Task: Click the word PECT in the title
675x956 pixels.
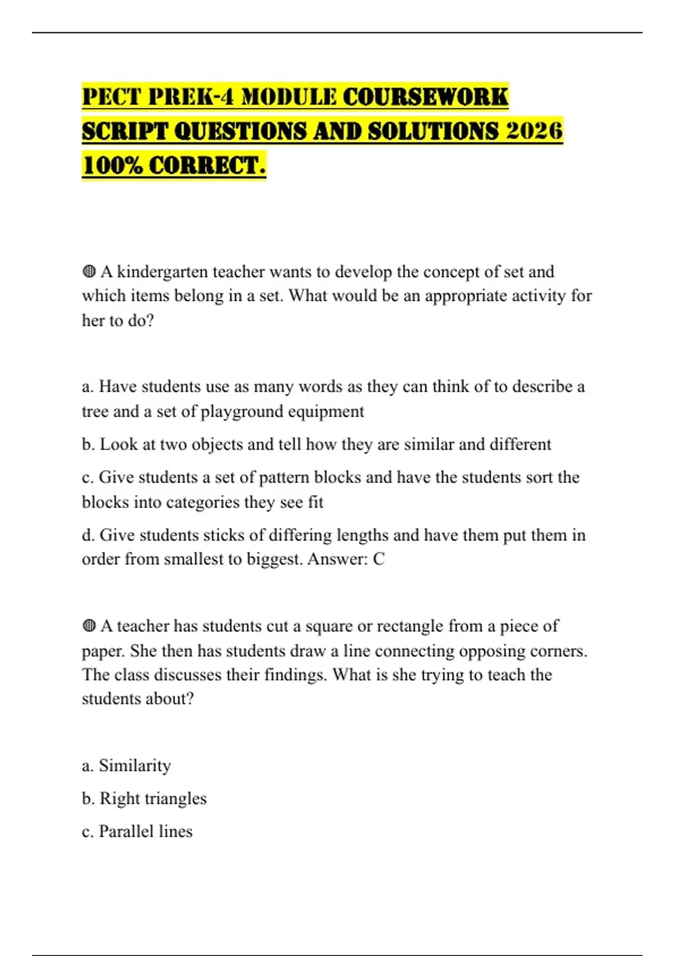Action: tap(111, 97)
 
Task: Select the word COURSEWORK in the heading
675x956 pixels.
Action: tap(425, 97)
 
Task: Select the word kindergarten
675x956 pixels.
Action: tap(163, 272)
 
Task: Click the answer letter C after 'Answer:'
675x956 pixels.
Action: tap(379, 559)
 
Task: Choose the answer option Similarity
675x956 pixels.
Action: tap(135, 766)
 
